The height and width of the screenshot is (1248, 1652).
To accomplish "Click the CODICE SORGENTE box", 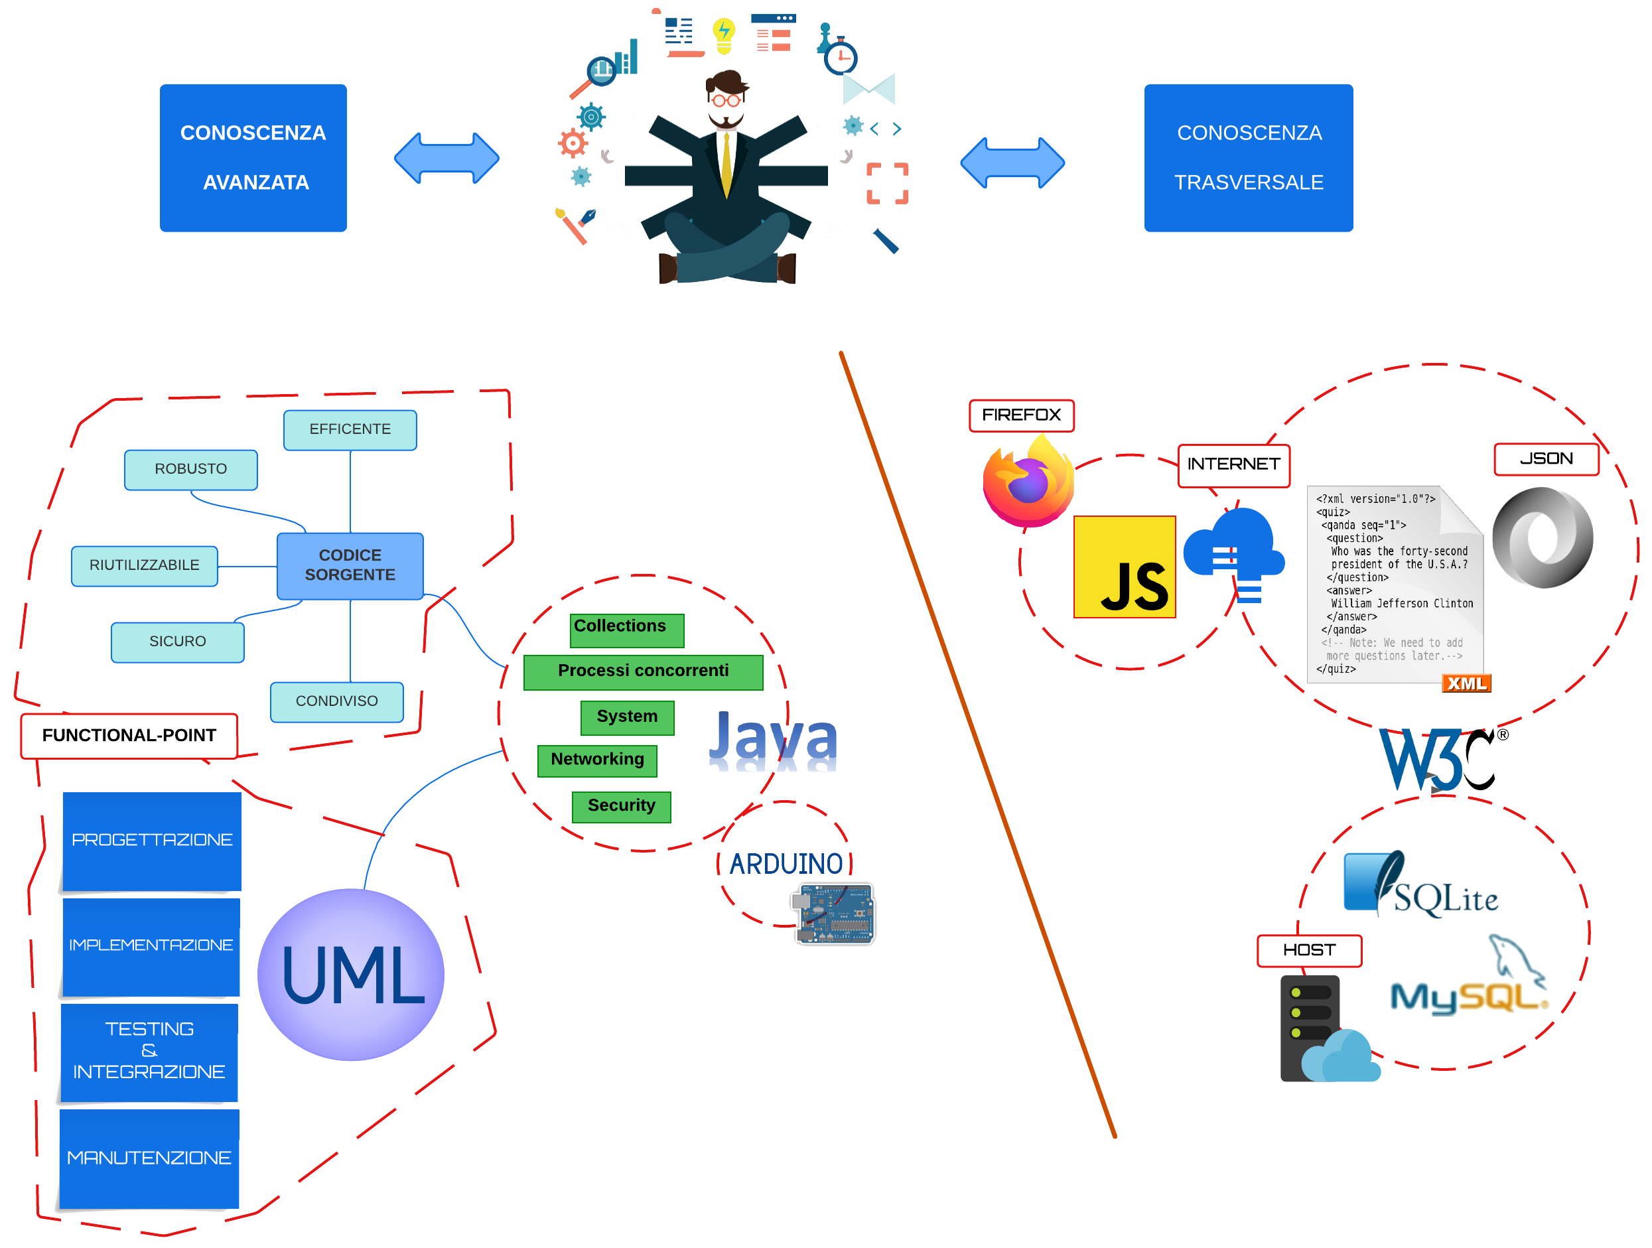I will (x=350, y=565).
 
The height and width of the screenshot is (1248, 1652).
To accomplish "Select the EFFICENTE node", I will (x=350, y=429).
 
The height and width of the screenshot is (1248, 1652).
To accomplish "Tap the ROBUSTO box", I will (x=190, y=469).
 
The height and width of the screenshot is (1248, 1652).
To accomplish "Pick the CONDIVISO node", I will (x=336, y=701).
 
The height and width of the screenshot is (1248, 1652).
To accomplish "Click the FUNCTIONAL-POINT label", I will (x=129, y=736).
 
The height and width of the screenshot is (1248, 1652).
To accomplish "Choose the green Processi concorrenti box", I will (x=643, y=671).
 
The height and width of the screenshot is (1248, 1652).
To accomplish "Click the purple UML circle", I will (x=350, y=974).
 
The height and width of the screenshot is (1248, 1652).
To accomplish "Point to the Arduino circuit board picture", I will (x=834, y=913).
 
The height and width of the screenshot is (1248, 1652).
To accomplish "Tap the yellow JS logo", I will (x=1124, y=567).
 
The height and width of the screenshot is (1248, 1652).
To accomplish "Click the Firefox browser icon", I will (x=1028, y=482).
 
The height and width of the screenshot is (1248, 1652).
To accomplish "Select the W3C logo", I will (x=1438, y=760).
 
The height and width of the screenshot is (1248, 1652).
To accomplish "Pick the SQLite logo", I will (x=1420, y=886).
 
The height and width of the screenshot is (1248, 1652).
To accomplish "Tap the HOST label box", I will (x=1308, y=950).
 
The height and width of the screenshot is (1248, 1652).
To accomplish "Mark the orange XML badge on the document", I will (x=1466, y=683).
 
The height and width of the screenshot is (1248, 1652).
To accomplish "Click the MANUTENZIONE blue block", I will (x=149, y=1158).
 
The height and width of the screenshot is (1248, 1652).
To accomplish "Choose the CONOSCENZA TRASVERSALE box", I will (x=1248, y=158).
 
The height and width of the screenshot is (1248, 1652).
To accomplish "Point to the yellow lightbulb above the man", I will (x=723, y=35).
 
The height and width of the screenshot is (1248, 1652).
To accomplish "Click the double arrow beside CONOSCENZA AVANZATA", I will (x=447, y=158).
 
